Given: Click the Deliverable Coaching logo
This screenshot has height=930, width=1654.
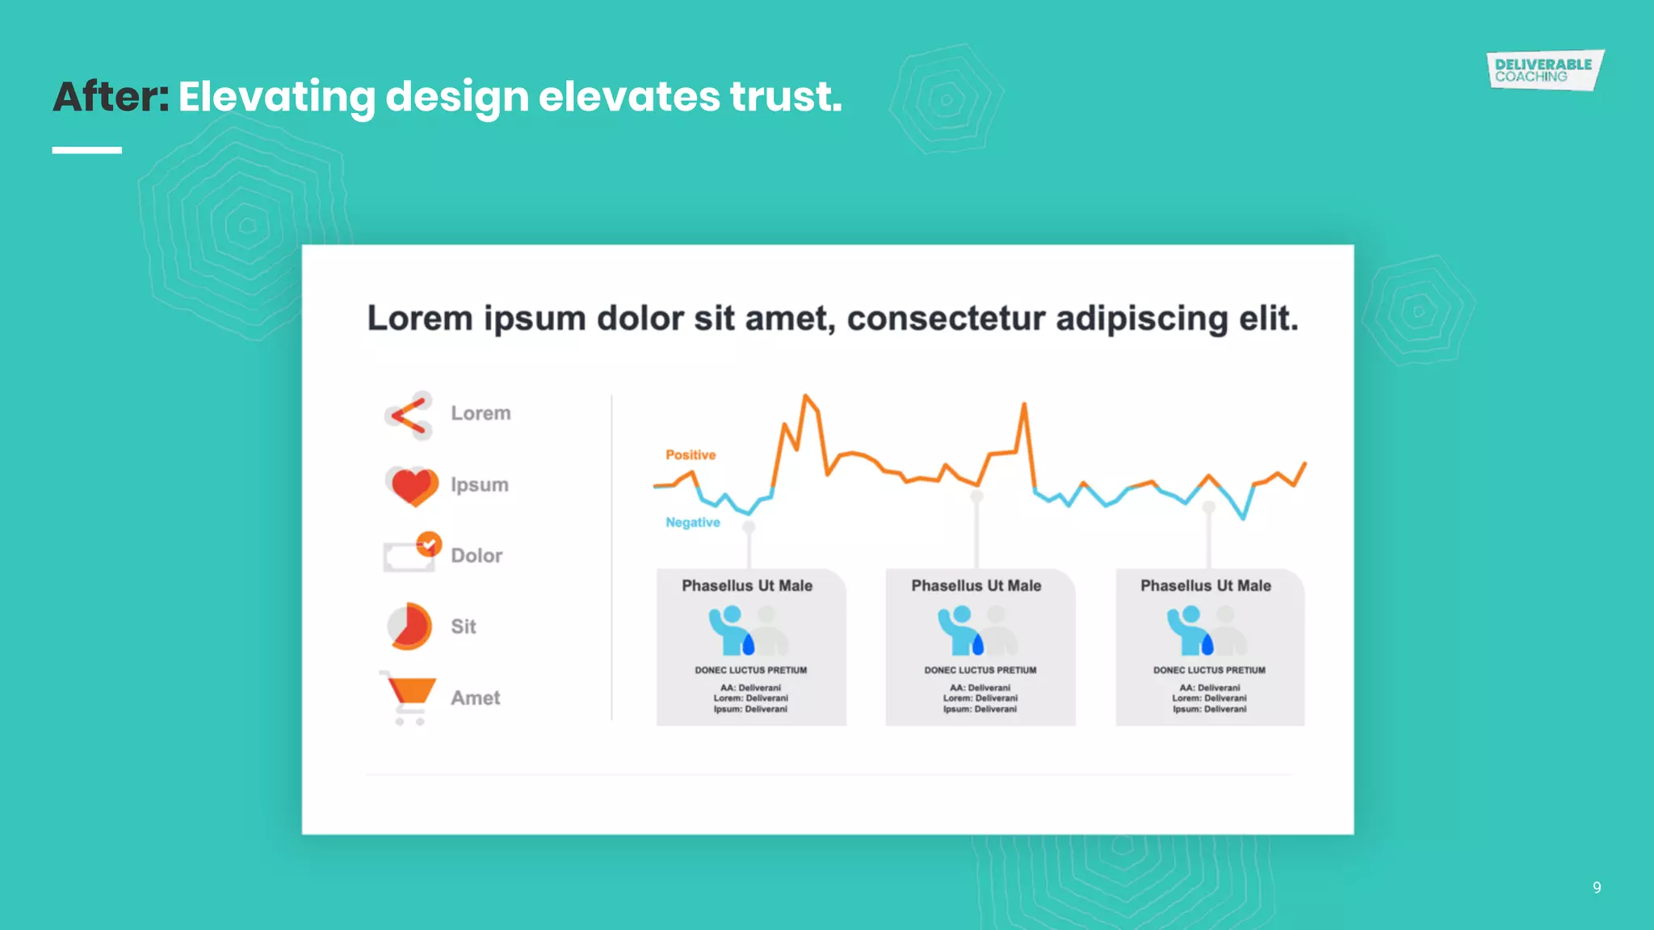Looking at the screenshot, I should pos(1544,70).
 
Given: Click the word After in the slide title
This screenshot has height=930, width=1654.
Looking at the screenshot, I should pos(111,97).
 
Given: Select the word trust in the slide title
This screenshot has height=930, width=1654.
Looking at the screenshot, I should pos(786,97).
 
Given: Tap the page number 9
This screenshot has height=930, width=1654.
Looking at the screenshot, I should pos(1597,887).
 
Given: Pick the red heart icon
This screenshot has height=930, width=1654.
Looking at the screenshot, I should pos(412,485).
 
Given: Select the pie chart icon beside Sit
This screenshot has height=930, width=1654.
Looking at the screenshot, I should pos(409,626).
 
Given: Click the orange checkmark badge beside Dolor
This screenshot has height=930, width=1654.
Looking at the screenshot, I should pos(429,543).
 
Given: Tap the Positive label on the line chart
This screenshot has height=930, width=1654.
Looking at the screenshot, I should pos(691,455).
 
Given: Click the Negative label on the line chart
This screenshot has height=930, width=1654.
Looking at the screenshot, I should pos(692,522).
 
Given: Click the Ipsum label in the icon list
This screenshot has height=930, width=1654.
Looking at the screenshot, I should pos(480,485).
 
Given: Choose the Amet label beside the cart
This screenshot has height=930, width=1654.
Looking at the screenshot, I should pos(476,698).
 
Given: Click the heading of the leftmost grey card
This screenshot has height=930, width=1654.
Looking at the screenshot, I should pos(747,586).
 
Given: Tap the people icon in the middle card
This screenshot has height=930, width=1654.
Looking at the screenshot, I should pos(976,630).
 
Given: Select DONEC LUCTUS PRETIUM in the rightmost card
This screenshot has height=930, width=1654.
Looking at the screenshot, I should pos(1209,670).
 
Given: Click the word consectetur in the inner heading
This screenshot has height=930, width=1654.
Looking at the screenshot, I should pos(946,319).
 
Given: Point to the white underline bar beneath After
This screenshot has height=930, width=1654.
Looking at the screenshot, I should pos(87,150).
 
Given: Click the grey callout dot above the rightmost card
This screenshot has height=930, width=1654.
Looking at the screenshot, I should pos(1208,507).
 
